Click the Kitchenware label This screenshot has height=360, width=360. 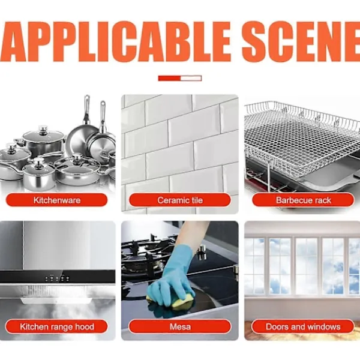coord(56,200)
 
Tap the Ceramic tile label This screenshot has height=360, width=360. coord(180,200)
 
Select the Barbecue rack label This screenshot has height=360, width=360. coord(303,200)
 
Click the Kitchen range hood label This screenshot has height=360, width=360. coord(56,326)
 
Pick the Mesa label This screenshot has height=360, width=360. coord(180,326)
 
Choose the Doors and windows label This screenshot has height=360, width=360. coord(303,326)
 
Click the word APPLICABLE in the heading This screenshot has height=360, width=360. coord(115,41)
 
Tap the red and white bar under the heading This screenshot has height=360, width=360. coord(180,78)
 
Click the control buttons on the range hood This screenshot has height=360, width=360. coord(57,278)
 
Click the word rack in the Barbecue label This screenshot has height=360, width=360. coord(323,200)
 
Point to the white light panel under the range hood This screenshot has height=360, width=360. coord(56,301)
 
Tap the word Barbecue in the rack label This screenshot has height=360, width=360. coord(294,200)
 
